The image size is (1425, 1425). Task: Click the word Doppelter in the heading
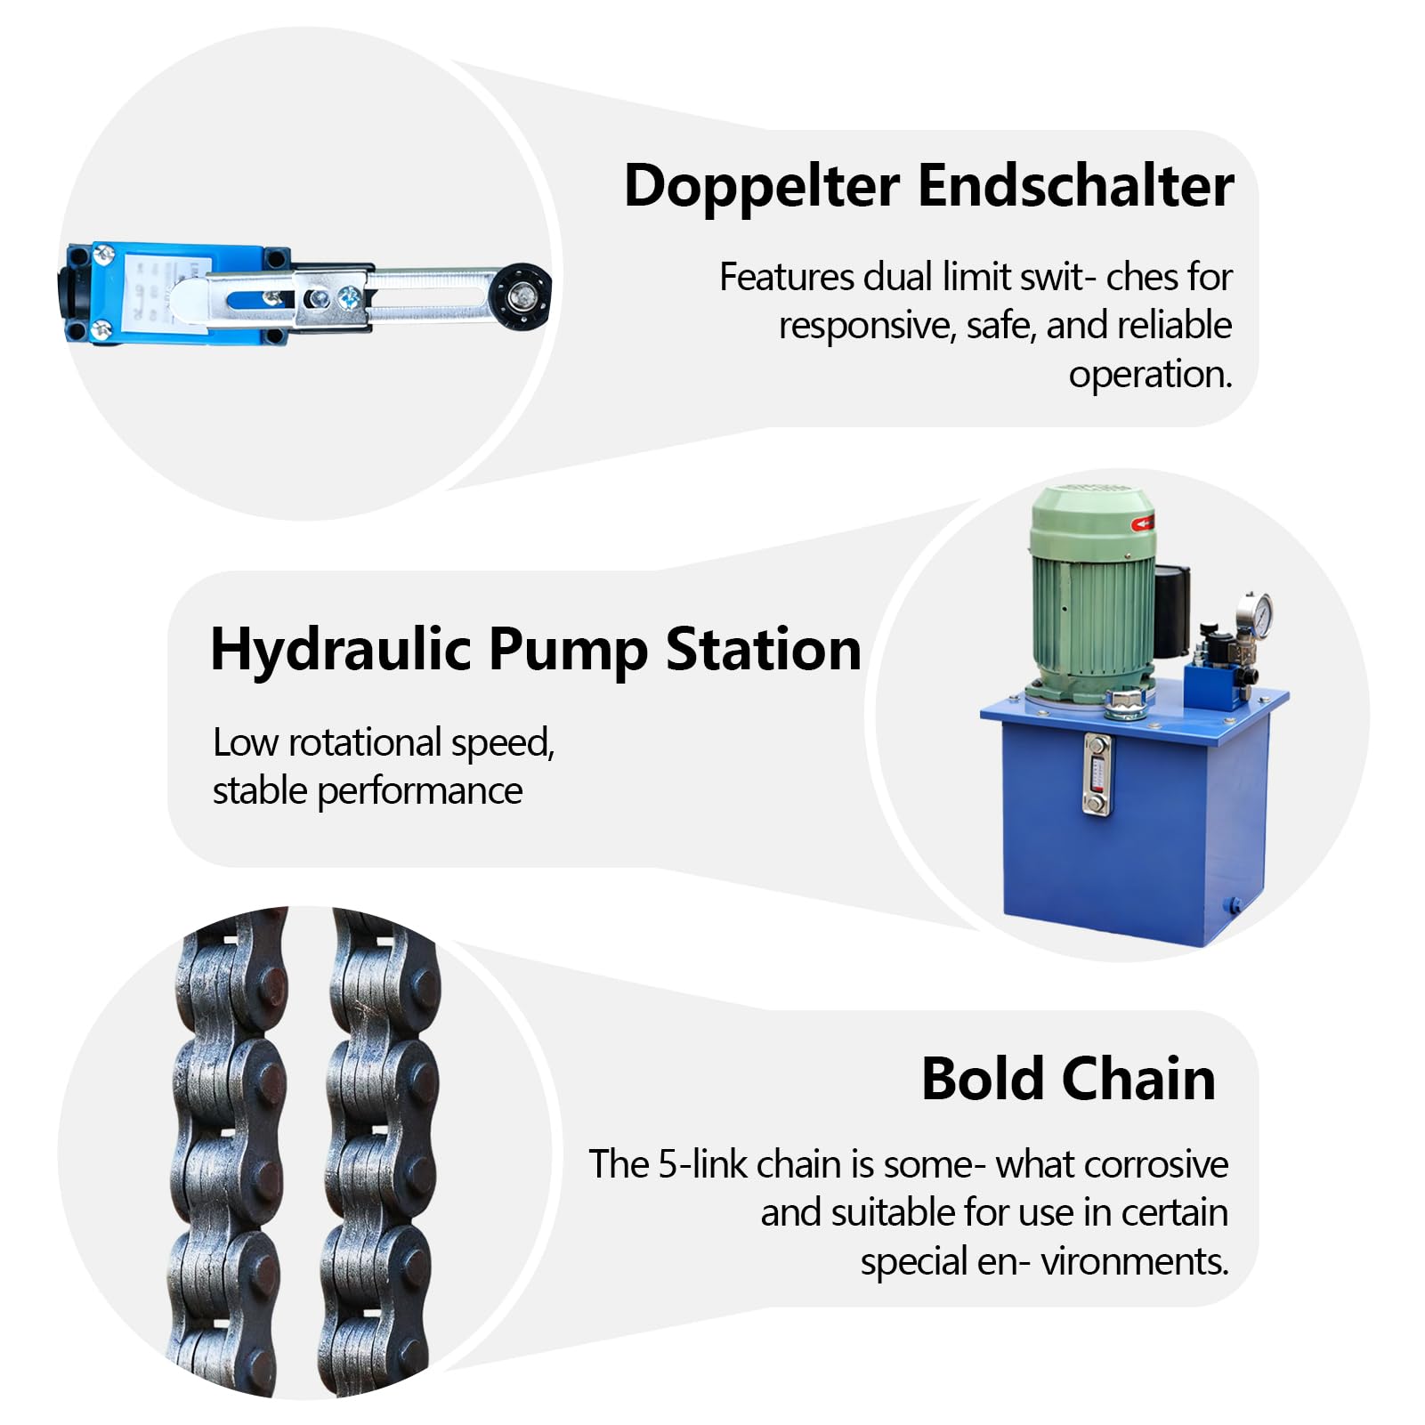click(762, 188)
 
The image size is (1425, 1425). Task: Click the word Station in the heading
click(764, 649)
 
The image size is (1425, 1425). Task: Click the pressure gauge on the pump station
click(1254, 613)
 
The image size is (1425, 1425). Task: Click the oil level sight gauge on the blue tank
click(1097, 773)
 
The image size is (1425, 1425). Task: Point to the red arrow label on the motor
click(1143, 523)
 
